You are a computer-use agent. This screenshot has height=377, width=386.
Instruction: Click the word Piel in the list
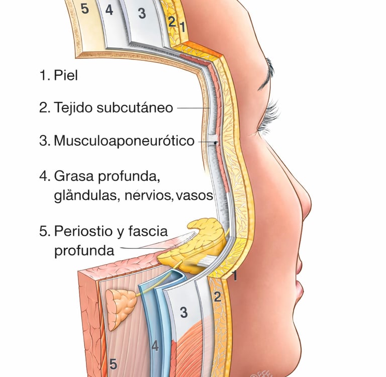click(x=66, y=76)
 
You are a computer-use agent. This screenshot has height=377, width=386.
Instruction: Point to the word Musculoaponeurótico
click(x=124, y=141)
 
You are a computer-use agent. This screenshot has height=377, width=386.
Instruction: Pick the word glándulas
click(x=85, y=196)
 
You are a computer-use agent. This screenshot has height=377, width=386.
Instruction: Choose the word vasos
click(x=195, y=196)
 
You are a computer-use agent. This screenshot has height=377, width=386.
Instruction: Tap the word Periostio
click(x=86, y=231)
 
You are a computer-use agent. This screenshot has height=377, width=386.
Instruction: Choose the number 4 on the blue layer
click(x=155, y=346)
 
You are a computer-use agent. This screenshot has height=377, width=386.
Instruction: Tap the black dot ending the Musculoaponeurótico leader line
click(x=216, y=143)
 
